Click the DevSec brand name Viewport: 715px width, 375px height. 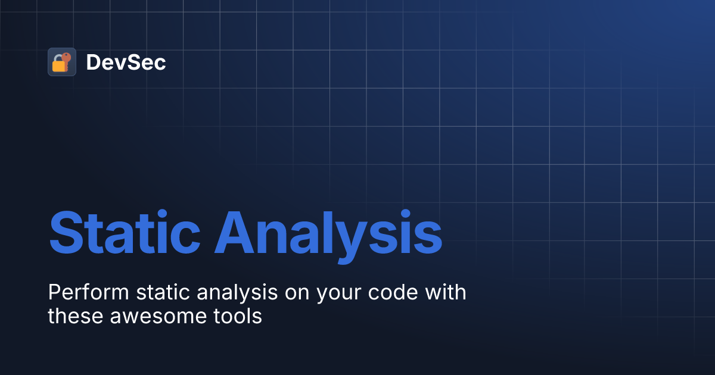[x=126, y=62]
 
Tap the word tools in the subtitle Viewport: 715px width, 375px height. [x=238, y=316]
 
